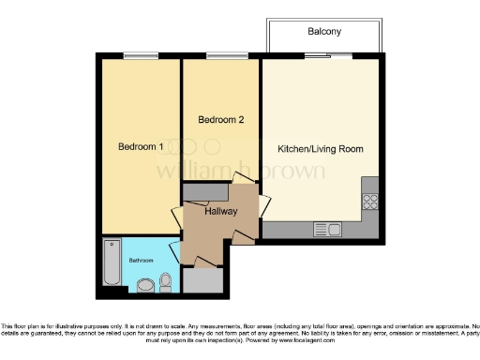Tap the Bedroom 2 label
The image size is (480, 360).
click(x=221, y=120)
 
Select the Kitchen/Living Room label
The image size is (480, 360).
click(x=321, y=149)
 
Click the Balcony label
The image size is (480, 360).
click(x=324, y=32)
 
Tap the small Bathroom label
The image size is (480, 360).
click(x=142, y=260)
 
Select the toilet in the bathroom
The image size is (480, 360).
click(x=166, y=279)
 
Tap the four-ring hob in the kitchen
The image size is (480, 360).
click(x=369, y=200)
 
